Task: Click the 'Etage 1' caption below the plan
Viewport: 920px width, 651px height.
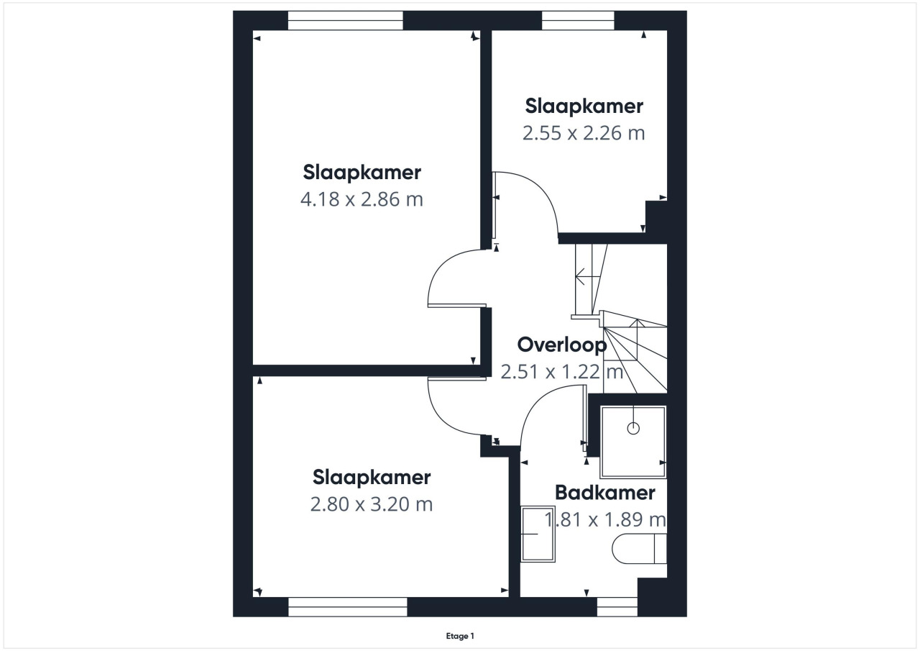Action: [460, 636]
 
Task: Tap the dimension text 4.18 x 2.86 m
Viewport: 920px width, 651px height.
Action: [362, 199]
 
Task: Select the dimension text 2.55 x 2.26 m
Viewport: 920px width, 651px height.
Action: [584, 133]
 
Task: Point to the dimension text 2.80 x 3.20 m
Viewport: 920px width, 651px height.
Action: [372, 504]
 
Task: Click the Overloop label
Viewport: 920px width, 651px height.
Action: [562, 345]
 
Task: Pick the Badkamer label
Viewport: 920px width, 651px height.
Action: [605, 492]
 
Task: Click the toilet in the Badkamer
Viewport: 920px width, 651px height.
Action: [639, 549]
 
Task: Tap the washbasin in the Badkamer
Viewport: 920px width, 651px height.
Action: [538, 534]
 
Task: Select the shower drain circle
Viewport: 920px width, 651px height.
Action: [633, 429]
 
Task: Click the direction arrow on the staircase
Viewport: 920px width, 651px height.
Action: [582, 277]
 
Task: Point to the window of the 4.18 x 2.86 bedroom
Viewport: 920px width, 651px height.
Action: [346, 21]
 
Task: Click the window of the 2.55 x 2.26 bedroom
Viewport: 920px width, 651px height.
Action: [578, 21]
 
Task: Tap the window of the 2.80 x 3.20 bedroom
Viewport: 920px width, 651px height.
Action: [347, 607]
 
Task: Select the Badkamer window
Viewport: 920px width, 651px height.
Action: [617, 607]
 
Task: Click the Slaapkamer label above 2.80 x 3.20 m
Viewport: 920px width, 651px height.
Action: [372, 477]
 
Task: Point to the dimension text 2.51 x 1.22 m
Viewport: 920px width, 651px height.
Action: [562, 371]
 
